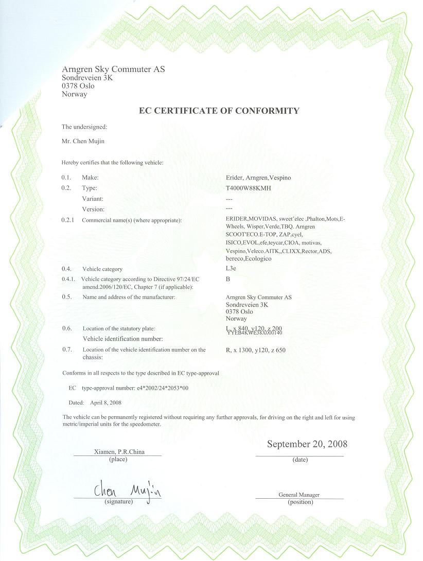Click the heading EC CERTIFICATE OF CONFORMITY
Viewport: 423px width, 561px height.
[219, 111]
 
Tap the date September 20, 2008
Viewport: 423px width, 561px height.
[307, 444]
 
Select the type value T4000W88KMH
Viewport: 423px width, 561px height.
[248, 188]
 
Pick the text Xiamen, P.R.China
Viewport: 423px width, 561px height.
[119, 452]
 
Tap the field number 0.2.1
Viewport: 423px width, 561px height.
[68, 220]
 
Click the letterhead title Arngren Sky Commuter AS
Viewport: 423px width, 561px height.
[113, 69]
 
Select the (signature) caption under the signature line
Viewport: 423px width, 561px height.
[118, 501]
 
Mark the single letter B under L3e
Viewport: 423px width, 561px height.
[228, 279]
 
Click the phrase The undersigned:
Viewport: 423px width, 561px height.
[84, 127]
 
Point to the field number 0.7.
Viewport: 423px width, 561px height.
[66, 350]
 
